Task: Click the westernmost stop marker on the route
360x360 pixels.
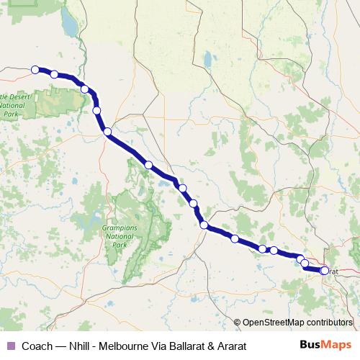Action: pos(35,70)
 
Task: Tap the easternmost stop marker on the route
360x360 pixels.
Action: pos(325,271)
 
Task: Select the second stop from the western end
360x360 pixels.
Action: pos(54,73)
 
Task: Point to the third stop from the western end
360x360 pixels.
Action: pos(85,89)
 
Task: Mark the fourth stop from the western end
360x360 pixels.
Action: pos(96,110)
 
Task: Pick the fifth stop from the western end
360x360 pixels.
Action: pos(107,132)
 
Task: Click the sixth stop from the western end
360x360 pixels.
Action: pos(148,165)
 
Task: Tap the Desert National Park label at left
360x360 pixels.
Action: pos(14,104)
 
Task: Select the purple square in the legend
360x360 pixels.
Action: pos(10,346)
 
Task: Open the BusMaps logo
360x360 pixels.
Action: pos(325,346)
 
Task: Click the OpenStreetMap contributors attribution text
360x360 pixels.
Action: pos(298,323)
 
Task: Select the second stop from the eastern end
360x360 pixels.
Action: pos(305,264)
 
